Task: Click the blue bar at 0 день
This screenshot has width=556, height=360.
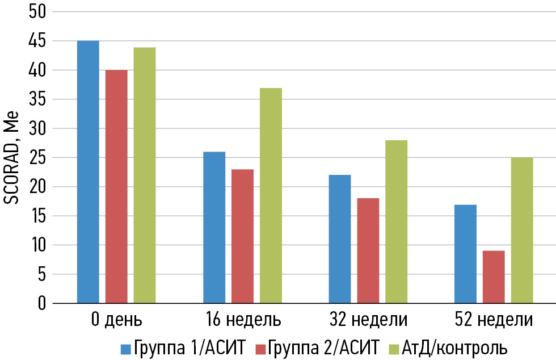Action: [x=88, y=172]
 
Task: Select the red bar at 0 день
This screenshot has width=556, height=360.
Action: [x=116, y=187]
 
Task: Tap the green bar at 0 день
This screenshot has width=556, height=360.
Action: [x=145, y=175]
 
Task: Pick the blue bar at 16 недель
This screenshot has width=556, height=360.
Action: [x=214, y=228]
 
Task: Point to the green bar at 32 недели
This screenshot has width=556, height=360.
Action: [x=397, y=222]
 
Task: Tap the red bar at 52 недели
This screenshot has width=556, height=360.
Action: [x=494, y=277]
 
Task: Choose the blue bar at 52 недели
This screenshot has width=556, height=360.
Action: [x=465, y=254]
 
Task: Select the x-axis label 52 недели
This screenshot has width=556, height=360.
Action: [x=494, y=320]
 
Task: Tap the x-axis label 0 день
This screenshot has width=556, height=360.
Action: [x=116, y=320]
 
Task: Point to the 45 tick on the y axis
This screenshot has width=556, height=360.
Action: [x=36, y=41]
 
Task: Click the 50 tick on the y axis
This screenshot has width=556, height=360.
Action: [x=36, y=12]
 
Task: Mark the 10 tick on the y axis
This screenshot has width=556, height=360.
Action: [x=36, y=245]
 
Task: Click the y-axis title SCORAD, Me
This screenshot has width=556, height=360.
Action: [x=13, y=157]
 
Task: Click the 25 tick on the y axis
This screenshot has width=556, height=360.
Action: [x=36, y=158]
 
